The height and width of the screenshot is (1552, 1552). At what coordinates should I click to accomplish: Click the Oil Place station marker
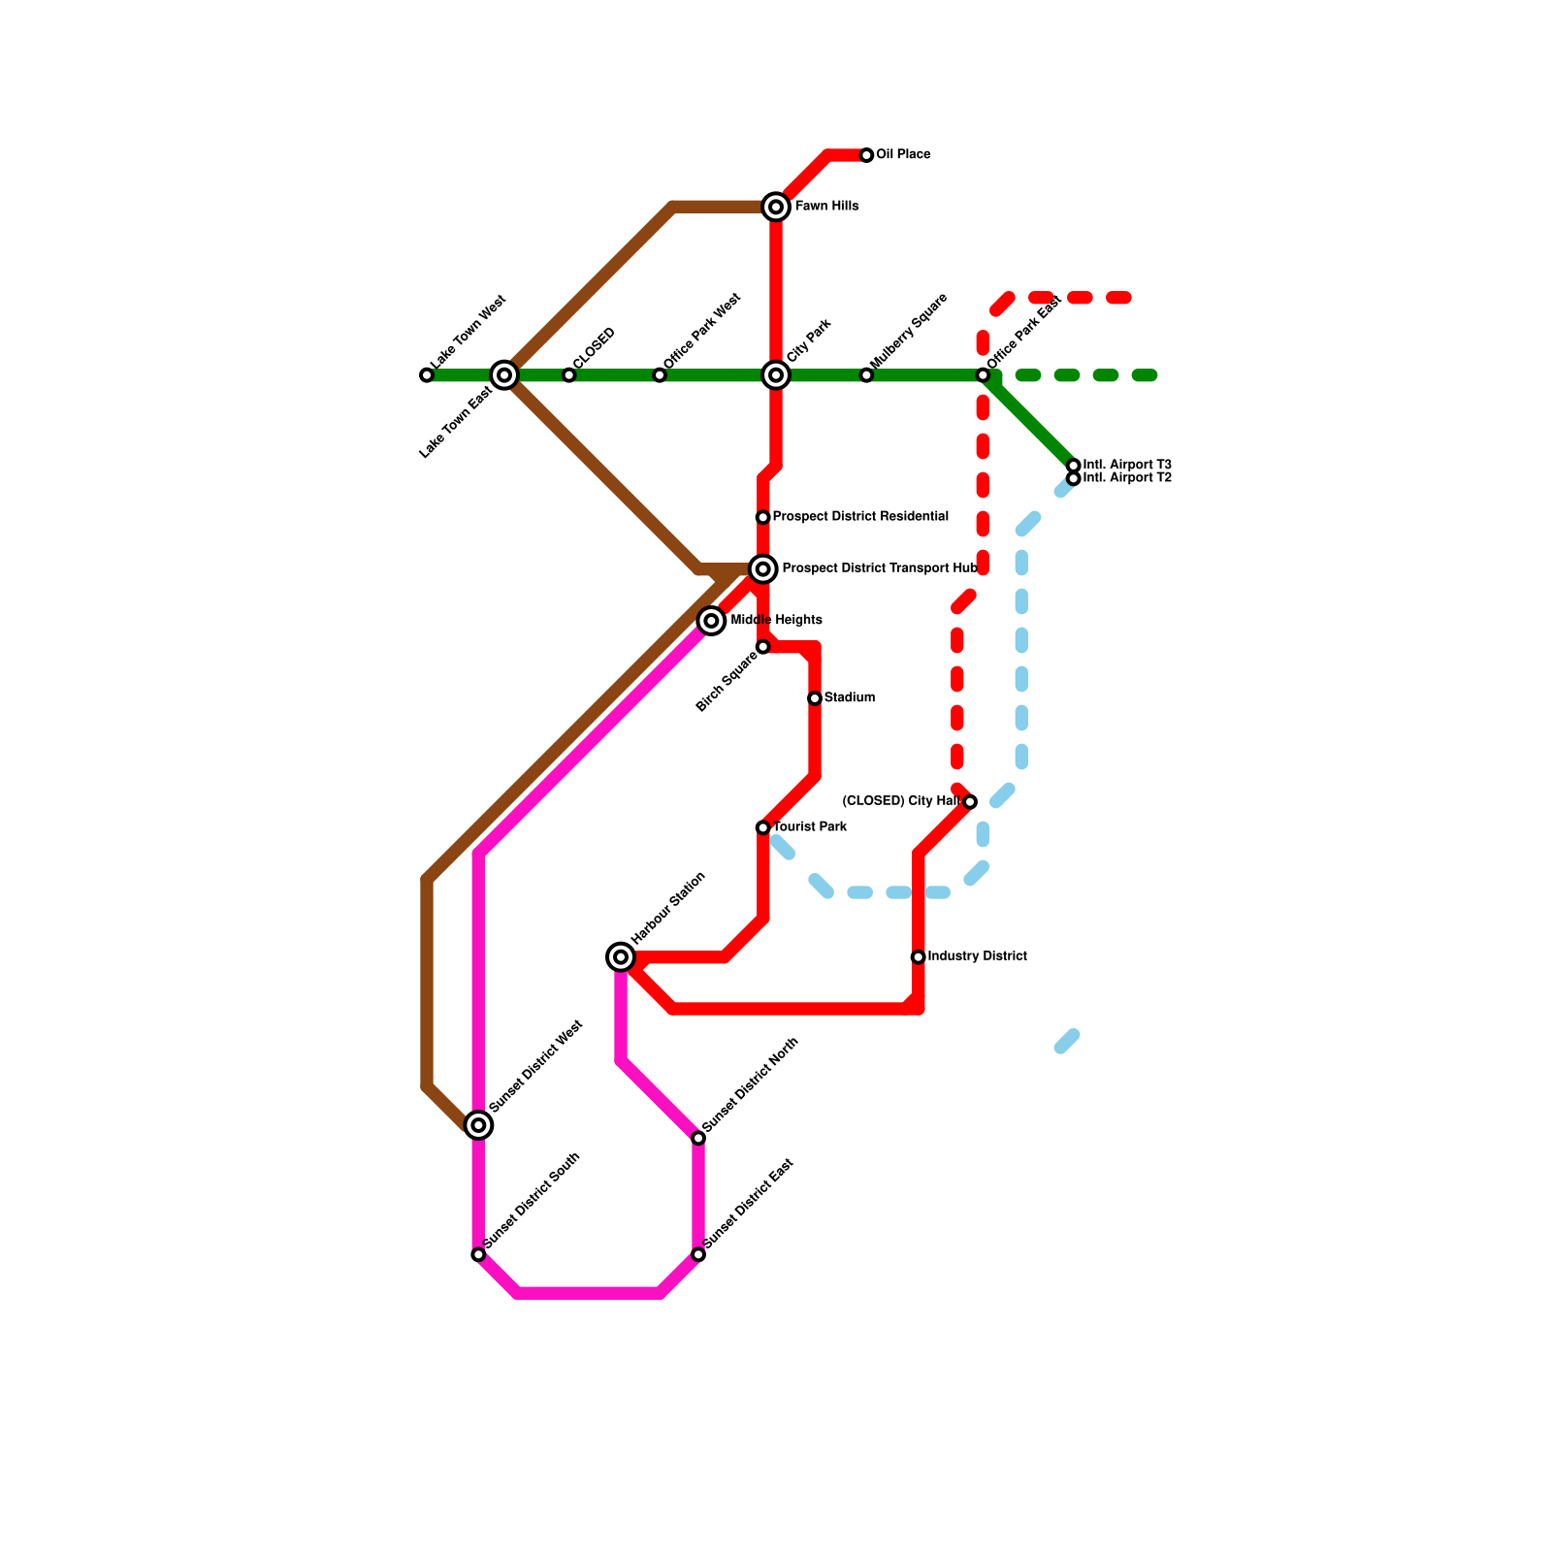pos(866,155)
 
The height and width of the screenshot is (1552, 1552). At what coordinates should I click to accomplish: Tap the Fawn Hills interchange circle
pos(776,207)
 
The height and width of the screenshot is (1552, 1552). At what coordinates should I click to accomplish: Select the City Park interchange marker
pos(776,375)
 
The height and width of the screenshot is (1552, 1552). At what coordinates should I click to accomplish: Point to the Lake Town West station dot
pos(427,375)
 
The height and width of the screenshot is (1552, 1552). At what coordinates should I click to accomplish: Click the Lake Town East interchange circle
pos(504,375)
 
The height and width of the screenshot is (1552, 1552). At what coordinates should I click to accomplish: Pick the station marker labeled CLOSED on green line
pos(569,375)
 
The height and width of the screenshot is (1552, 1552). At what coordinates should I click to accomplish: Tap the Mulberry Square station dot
pos(866,375)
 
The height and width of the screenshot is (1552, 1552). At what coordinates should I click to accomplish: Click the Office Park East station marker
pos(983,375)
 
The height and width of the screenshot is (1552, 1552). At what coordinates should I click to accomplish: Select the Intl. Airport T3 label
pos(1127,465)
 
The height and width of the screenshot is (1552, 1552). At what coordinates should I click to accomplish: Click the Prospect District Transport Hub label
pos(879,568)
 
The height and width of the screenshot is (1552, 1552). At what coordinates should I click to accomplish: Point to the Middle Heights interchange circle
pos(712,621)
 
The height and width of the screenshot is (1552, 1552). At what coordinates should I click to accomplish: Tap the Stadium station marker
pos(815,698)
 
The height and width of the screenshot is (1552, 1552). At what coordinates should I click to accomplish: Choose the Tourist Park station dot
pos(763,827)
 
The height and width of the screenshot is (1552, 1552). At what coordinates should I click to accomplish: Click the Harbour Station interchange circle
pos(621,957)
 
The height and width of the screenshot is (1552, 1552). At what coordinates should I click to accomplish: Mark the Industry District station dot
pos(919,957)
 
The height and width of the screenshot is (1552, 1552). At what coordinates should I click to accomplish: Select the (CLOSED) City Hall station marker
pos(970,802)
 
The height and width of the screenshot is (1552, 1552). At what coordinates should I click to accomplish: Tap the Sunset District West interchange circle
pos(478,1125)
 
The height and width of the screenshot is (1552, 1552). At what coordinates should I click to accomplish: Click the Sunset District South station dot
pos(478,1255)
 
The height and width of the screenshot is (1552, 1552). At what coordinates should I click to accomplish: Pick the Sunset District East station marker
pos(698,1255)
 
